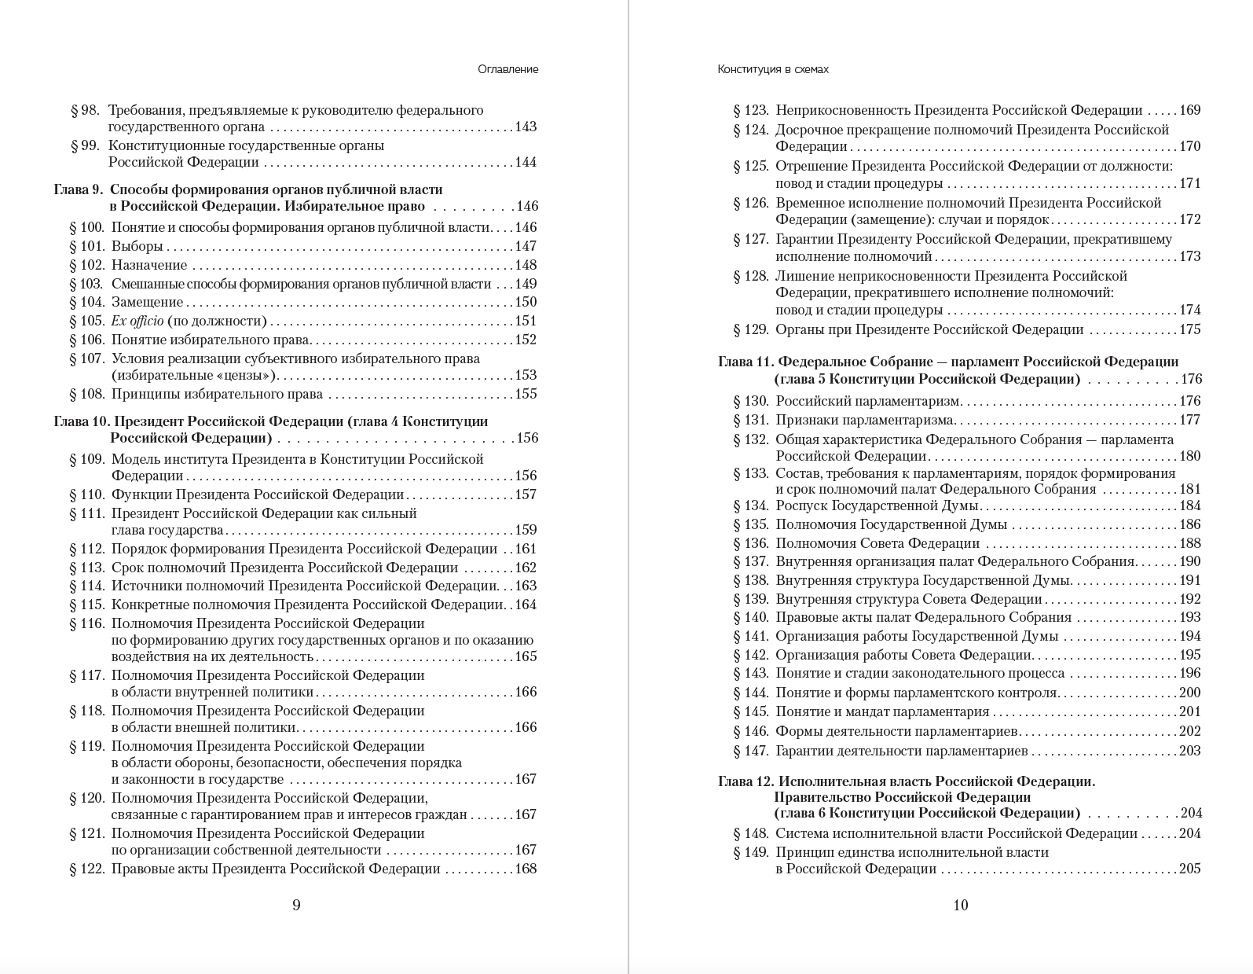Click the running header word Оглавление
point(507,69)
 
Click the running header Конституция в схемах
point(772,69)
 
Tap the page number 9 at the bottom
point(296,905)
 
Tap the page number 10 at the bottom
point(960,905)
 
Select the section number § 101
point(86,246)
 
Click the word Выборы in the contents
point(137,246)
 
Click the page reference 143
point(526,127)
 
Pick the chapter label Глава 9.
point(78,189)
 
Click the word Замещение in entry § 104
point(147,302)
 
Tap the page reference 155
point(526,394)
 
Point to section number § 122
point(86,869)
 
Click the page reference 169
point(1189,110)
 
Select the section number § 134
point(750,505)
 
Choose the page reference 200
point(1189,693)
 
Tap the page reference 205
point(1189,869)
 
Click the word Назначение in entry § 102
point(149,265)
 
